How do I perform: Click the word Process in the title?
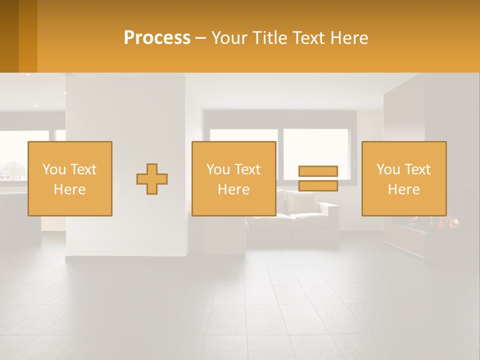pos(157,38)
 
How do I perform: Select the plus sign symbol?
pos(152,179)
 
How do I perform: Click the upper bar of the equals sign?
pos(318,171)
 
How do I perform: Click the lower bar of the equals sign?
pos(318,185)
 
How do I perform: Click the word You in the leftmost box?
pos(53,169)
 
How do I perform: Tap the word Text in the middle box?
pos(247,169)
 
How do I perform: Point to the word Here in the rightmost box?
pos(403,189)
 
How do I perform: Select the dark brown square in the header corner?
pos(9,36)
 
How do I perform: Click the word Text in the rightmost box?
pos(417,169)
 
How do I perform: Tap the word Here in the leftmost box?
pos(69,189)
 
